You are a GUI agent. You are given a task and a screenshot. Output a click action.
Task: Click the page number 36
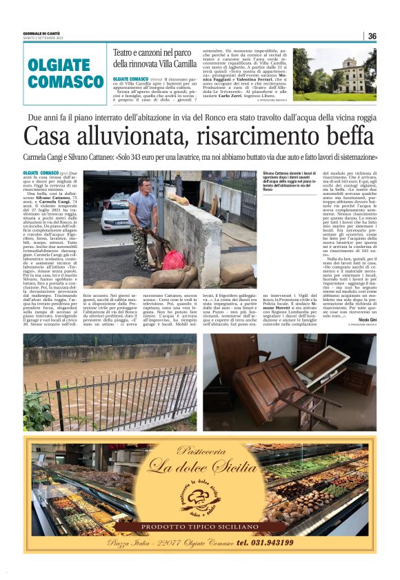pyautogui.click(x=372, y=36)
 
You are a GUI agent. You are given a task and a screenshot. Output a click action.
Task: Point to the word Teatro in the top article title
pyautogui.click(x=128, y=52)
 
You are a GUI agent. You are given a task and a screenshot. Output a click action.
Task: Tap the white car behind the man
pyautogui.click(x=115, y=213)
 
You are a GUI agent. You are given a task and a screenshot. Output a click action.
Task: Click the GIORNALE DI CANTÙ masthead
pyautogui.click(x=43, y=34)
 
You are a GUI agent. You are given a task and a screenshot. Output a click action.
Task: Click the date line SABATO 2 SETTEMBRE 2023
pyautogui.click(x=46, y=39)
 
